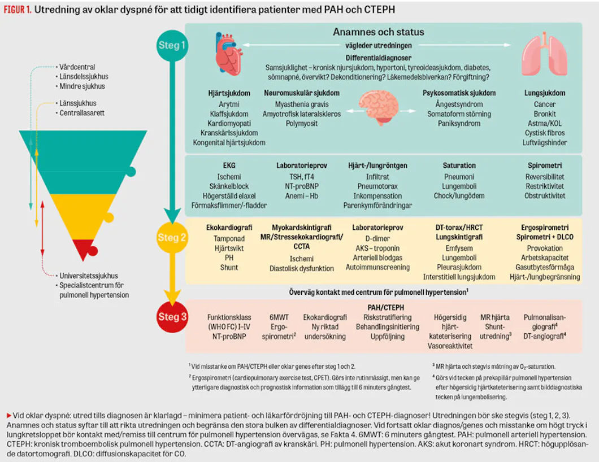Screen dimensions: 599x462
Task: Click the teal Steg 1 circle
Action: [172, 45]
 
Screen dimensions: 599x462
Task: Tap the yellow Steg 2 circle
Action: [172, 237]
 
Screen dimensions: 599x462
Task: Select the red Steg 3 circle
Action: [172, 317]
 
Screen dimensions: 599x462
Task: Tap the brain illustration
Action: [378, 108]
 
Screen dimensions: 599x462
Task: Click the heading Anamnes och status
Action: [379, 32]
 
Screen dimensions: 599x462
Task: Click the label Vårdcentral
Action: [77, 67]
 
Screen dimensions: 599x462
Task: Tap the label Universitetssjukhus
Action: [89, 276]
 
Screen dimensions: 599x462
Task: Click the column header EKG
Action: [229, 165]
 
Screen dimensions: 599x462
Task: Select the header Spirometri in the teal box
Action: [545, 165]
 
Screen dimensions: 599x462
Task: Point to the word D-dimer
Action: [377, 239]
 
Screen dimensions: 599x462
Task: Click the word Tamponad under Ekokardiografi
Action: [229, 239]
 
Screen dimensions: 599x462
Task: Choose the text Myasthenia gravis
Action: [302, 104]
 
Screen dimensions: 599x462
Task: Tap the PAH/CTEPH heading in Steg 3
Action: [386, 308]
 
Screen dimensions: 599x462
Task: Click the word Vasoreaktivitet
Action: [450, 346]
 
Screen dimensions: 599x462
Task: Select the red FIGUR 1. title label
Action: [18, 10]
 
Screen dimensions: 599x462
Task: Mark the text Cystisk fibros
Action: [545, 133]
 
